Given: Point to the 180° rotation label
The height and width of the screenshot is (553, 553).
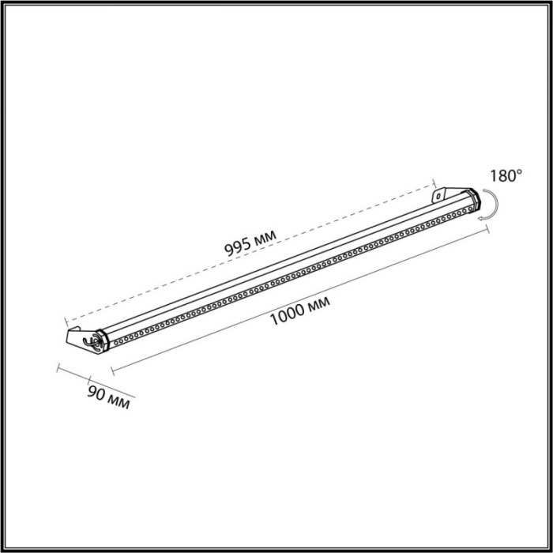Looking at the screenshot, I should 505,175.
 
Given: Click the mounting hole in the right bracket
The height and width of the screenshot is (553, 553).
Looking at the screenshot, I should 434,194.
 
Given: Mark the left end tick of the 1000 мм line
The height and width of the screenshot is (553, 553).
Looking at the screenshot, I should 112,369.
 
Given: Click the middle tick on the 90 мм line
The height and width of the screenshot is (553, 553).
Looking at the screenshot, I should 89,378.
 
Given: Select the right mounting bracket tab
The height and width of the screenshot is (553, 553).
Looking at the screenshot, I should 437,194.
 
